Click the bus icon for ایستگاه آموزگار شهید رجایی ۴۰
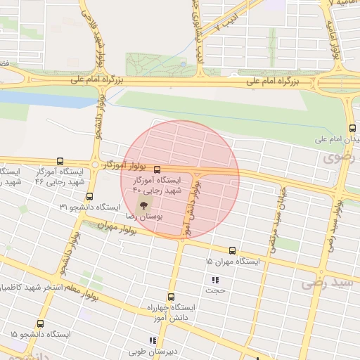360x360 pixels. pos(156,169)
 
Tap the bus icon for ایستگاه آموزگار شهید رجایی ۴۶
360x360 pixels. pos(60,161)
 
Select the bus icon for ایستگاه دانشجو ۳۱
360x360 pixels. pos(89,196)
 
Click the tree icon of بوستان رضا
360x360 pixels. pos(144,206)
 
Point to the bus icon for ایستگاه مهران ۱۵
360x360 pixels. pos(232,250)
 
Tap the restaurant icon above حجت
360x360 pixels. pos(215,279)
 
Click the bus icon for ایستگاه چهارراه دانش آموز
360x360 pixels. pos(170,297)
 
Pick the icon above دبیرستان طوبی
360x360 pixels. pos(153,341)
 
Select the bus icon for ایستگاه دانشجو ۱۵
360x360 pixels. pos(40,324)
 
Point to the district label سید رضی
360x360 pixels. pos(326,282)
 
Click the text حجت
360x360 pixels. pos(216,289)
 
